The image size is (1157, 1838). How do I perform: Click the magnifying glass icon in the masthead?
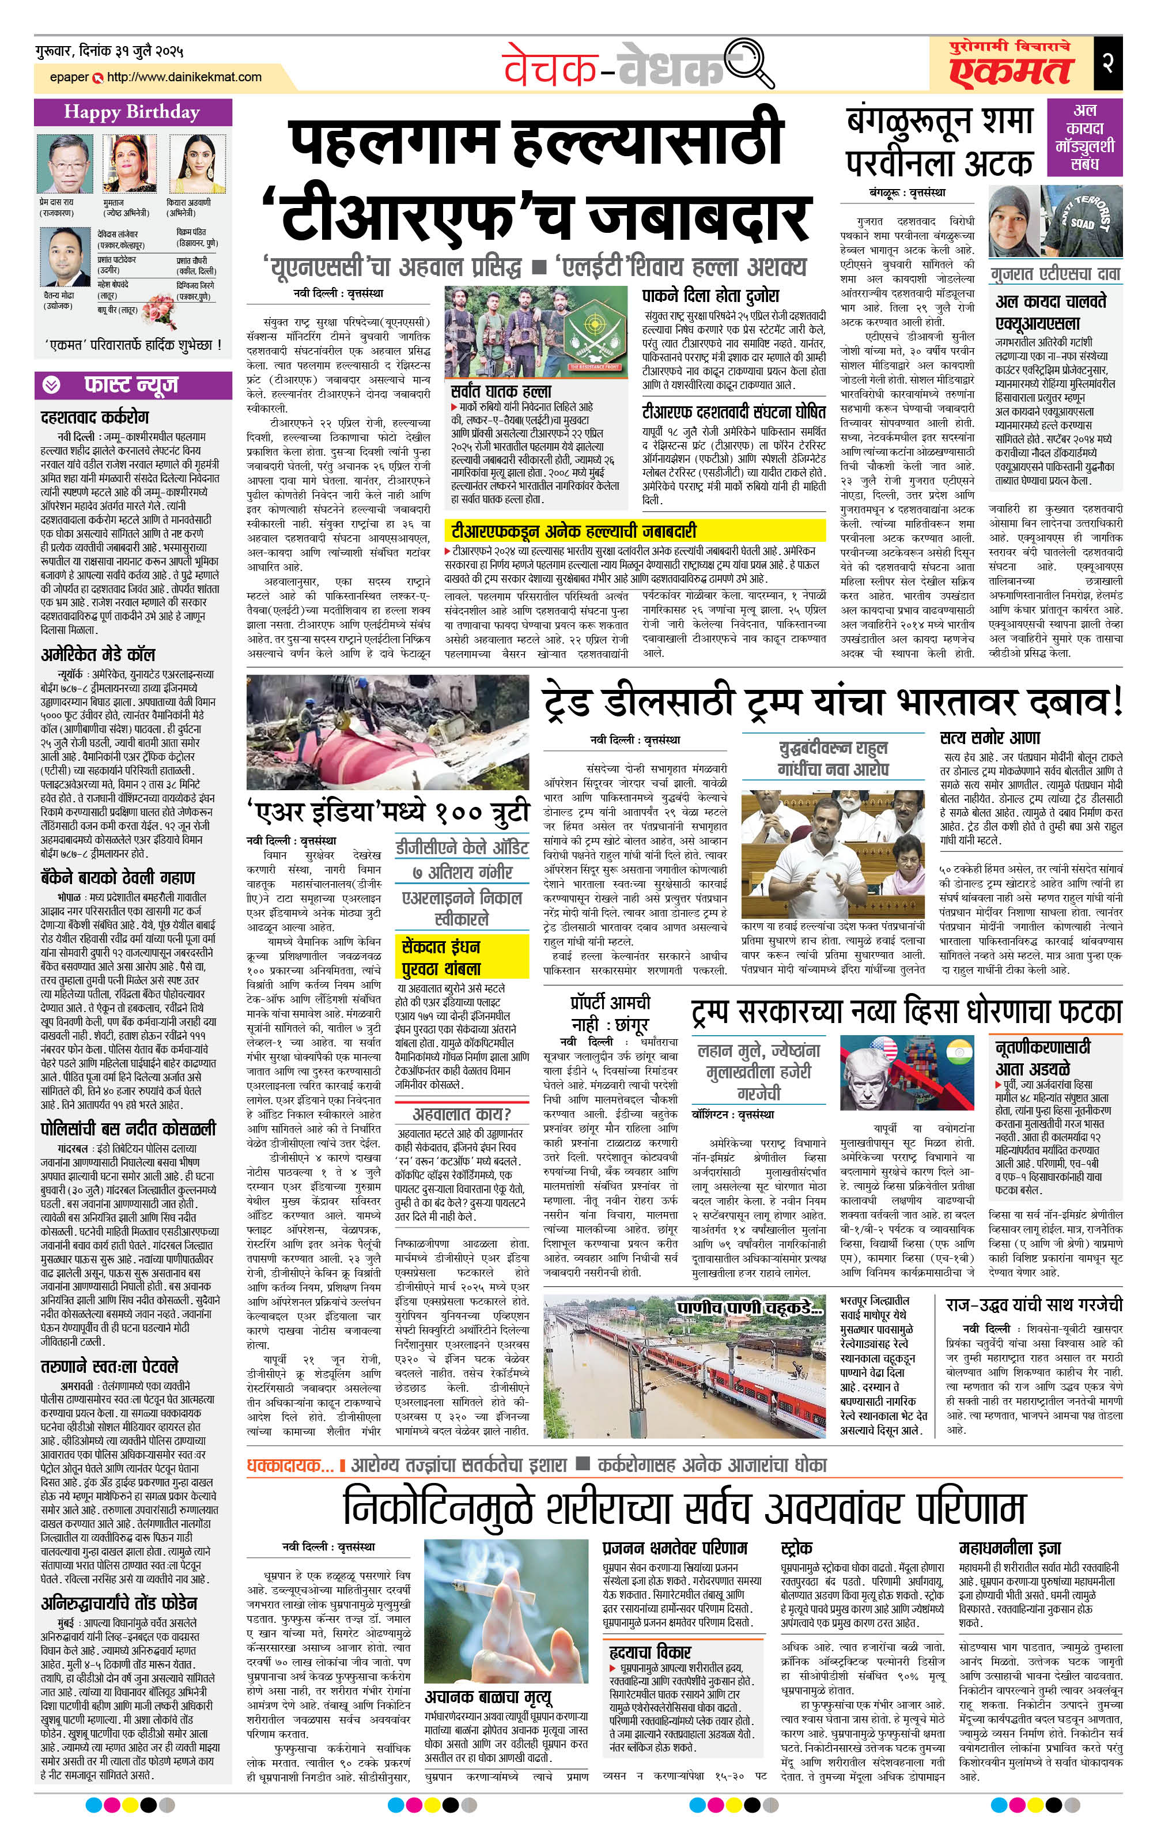(750, 63)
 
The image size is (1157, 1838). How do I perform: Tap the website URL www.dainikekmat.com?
(184, 77)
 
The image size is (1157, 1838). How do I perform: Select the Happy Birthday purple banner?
(131, 112)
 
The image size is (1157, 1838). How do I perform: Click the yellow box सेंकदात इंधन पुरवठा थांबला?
(462, 956)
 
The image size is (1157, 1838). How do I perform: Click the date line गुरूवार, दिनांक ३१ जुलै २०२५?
(108, 52)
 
